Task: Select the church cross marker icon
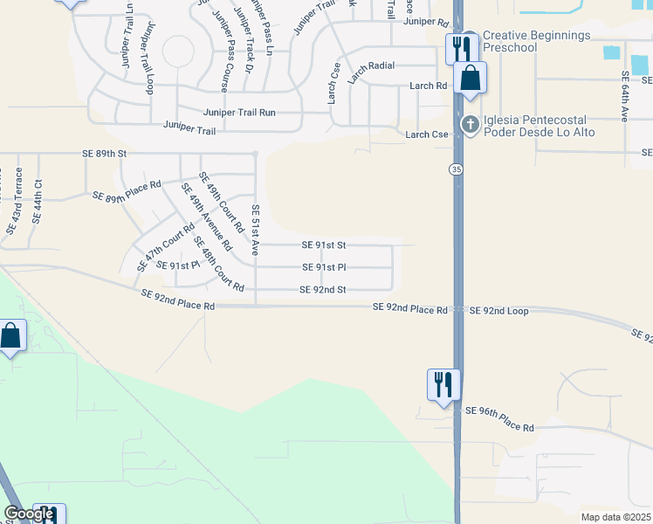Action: (x=471, y=124)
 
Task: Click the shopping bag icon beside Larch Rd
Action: (x=470, y=78)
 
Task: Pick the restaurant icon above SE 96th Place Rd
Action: (x=443, y=383)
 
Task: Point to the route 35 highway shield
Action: (x=457, y=169)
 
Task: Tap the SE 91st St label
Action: (x=324, y=245)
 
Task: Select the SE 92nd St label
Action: (x=323, y=290)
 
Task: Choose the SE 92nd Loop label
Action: (x=499, y=311)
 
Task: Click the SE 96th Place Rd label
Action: (x=498, y=418)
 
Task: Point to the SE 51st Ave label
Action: (x=256, y=230)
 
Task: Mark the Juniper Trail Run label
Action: (x=239, y=113)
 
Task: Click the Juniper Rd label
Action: (x=426, y=22)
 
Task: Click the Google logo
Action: (x=28, y=514)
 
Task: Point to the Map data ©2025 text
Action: (x=615, y=517)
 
